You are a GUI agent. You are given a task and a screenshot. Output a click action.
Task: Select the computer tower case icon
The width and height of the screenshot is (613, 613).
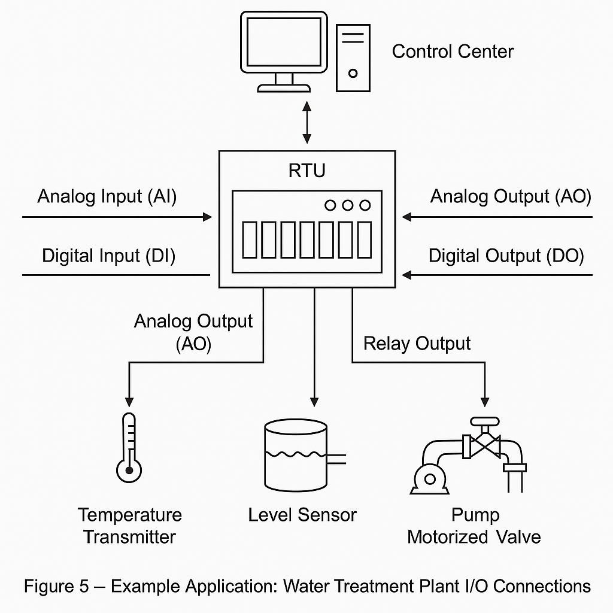click(353, 57)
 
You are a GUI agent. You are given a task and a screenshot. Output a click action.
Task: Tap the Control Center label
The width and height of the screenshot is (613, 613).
click(453, 51)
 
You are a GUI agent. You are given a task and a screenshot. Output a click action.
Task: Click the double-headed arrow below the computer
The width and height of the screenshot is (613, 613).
click(307, 122)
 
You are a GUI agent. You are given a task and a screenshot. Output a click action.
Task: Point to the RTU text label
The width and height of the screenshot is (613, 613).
click(306, 171)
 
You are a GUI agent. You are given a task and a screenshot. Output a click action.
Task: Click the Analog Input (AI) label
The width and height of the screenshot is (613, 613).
click(107, 196)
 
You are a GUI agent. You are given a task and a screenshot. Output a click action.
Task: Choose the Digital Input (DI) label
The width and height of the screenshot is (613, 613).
click(108, 256)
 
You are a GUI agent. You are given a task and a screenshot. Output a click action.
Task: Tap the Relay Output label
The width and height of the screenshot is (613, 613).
click(417, 344)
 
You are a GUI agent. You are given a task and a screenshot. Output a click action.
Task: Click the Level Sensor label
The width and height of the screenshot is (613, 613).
click(302, 515)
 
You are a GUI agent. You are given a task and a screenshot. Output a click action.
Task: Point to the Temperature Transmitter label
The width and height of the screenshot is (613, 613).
click(129, 526)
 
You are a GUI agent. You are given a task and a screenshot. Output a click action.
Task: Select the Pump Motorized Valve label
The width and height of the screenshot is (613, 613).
click(474, 526)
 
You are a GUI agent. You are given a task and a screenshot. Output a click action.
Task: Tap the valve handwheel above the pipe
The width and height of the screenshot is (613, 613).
click(484, 421)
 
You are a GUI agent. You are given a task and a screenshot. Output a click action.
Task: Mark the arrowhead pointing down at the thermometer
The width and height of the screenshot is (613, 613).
click(128, 400)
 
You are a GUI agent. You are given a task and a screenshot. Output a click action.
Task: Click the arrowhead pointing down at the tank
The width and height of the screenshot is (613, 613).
click(312, 400)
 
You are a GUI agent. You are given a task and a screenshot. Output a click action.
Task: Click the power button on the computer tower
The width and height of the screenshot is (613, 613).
click(353, 73)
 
